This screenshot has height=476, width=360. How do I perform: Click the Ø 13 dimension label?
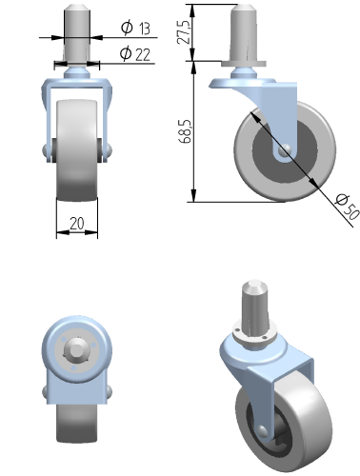[x=135, y=28]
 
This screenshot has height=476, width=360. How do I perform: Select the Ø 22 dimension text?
[x=135, y=54]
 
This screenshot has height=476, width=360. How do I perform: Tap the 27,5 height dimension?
[x=185, y=31]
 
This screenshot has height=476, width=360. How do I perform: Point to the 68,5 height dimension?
[x=186, y=131]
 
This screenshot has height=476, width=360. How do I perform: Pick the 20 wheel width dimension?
[x=77, y=224]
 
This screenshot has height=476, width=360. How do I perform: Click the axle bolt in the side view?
[x=284, y=149]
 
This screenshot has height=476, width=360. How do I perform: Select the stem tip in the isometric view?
[x=254, y=285]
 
